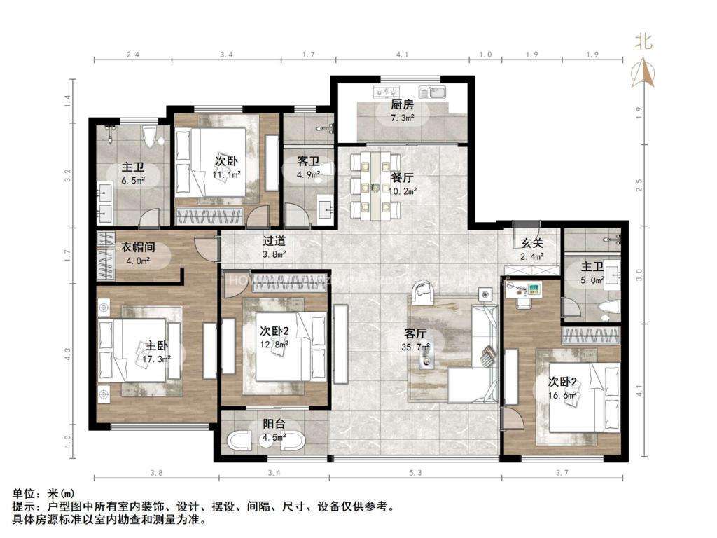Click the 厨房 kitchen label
point(402,105)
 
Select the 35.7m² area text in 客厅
point(420,345)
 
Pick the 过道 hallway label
point(274,241)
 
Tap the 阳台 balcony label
point(273,424)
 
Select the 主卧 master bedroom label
point(156,346)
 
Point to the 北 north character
point(643,41)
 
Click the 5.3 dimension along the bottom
point(415,474)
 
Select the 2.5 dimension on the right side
point(637,185)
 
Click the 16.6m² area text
point(562,395)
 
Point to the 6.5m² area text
point(133,180)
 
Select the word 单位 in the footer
point(21,495)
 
